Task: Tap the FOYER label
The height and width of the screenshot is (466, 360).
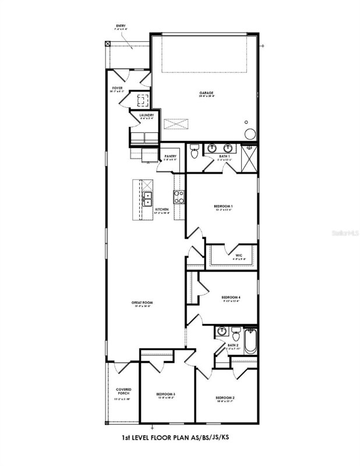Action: pyautogui.click(x=118, y=89)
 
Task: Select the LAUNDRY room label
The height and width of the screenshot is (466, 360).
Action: pyautogui.click(x=147, y=115)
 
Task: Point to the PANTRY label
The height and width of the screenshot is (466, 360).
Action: pyautogui.click(x=170, y=156)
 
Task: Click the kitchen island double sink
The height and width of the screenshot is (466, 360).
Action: pyautogui.click(x=148, y=199)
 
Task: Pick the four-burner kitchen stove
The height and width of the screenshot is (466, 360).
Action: pyautogui.click(x=179, y=198)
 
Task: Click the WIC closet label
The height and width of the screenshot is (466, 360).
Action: pyautogui.click(x=239, y=255)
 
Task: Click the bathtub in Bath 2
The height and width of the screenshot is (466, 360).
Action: pyautogui.click(x=250, y=341)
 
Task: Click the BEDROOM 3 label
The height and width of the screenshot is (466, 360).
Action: pyautogui.click(x=165, y=394)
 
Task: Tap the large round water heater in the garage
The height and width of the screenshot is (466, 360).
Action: pyautogui.click(x=250, y=133)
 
